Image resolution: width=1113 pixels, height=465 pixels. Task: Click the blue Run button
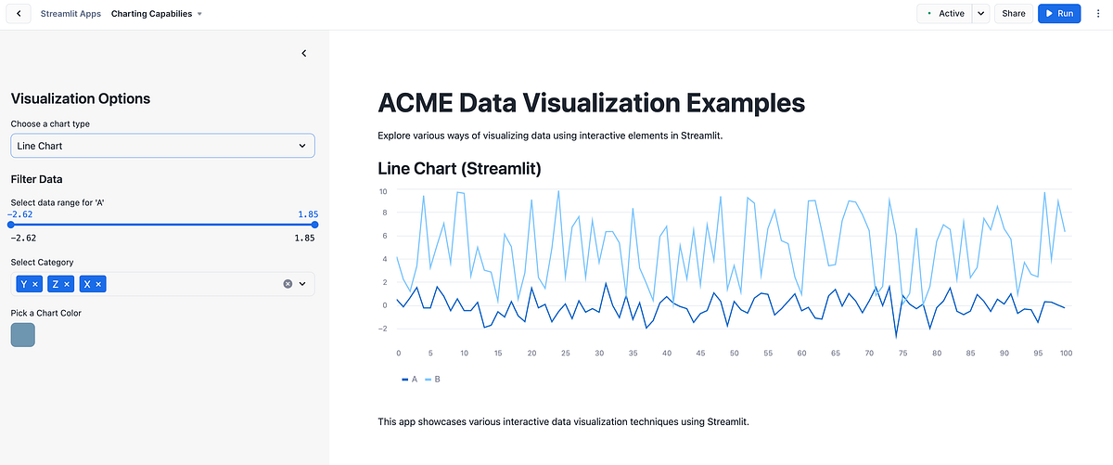pyautogui.click(x=1058, y=14)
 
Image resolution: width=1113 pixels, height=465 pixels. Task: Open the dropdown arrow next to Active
pyautogui.click(x=981, y=14)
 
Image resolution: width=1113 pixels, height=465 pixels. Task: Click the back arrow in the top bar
pyautogui.click(x=19, y=14)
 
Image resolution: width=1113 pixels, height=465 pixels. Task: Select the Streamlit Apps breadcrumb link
pyautogui.click(x=70, y=14)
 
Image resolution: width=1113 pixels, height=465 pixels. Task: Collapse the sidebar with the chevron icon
pyautogui.click(x=304, y=54)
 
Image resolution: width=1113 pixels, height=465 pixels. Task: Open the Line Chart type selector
pyautogui.click(x=162, y=146)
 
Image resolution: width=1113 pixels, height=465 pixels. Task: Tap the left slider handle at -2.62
pyautogui.click(x=11, y=224)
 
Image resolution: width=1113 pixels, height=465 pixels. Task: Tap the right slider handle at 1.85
pyautogui.click(x=314, y=224)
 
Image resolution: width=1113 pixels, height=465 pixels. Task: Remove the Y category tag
pyautogui.click(x=35, y=284)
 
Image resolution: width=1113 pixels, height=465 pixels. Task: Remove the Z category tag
pyautogui.click(x=67, y=284)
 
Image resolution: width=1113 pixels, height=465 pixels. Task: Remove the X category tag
pyautogui.click(x=98, y=284)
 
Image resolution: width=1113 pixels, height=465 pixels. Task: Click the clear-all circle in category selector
pyautogui.click(x=288, y=284)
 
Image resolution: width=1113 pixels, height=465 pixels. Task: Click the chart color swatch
pyautogui.click(x=22, y=335)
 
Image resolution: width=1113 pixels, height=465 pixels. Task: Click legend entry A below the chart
pyautogui.click(x=409, y=380)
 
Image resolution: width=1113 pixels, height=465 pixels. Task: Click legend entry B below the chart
pyautogui.click(x=433, y=380)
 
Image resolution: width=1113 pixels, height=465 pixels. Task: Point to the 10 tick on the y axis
pyautogui.click(x=383, y=191)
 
